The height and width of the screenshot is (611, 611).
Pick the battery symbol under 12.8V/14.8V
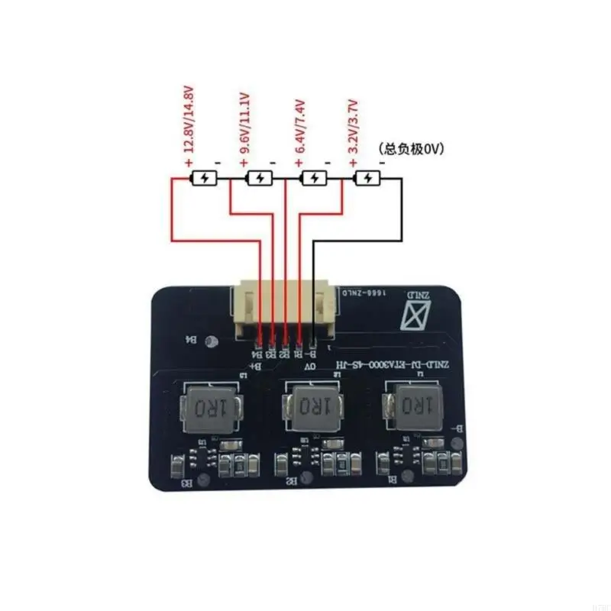click(205, 179)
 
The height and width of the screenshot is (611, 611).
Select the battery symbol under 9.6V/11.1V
click(260, 179)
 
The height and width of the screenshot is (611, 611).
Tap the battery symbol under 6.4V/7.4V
click(314, 179)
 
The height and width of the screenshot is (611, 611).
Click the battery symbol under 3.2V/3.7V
click(367, 179)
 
